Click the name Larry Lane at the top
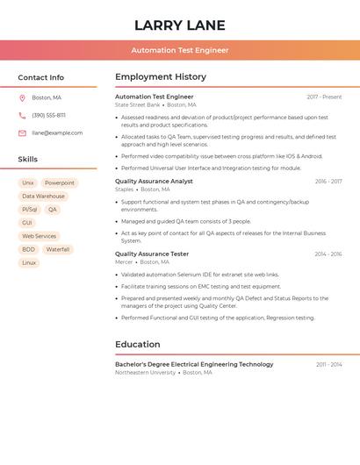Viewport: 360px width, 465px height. (x=180, y=25)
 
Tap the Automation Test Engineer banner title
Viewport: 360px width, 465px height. (x=180, y=50)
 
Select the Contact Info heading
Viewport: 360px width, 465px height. (x=40, y=77)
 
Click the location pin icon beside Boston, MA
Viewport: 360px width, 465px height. (x=22, y=97)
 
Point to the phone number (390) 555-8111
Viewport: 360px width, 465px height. (x=48, y=115)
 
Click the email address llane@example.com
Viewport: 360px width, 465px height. (x=57, y=132)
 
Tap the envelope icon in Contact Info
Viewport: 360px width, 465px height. (x=22, y=132)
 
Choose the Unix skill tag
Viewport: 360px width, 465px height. (x=28, y=183)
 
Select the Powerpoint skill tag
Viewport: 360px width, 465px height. (x=60, y=183)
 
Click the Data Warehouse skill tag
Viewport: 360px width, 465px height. (x=43, y=197)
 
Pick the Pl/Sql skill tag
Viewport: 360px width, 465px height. (x=29, y=210)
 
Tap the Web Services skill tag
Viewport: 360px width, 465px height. (x=39, y=236)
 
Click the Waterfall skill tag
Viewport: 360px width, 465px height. (x=57, y=249)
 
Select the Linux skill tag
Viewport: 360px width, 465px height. (x=29, y=262)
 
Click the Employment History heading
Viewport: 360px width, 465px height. (x=161, y=76)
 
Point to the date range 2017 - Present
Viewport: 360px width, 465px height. (x=324, y=97)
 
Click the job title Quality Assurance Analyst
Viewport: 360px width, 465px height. (x=154, y=182)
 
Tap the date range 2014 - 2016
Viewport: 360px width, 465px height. (x=328, y=254)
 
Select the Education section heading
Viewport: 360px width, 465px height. (x=139, y=345)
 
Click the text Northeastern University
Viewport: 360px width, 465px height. (x=145, y=373)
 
